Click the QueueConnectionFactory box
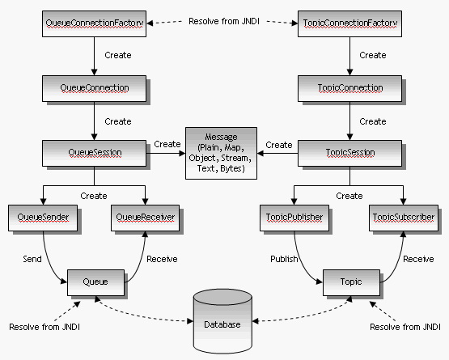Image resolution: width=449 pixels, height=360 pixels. coord(94,23)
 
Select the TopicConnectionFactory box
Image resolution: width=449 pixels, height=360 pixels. coord(349,23)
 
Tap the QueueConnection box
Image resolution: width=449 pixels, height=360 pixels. coord(94,88)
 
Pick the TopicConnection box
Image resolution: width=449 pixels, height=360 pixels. coord(349,88)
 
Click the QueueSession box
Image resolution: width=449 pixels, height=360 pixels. coord(94,153)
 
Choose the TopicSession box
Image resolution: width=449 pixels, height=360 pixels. coord(349,153)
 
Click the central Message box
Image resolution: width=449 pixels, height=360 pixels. coord(221,153)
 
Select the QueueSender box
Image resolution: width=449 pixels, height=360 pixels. coord(43,218)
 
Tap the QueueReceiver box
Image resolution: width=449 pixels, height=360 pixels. coord(145,218)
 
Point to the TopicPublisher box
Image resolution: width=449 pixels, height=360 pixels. coord(294,218)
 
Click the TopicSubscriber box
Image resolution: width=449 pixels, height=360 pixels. coord(404,218)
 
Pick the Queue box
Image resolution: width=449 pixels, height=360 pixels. coord(95,282)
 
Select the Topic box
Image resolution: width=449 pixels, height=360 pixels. coord(351,282)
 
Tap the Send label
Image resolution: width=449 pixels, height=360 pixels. coord(32,259)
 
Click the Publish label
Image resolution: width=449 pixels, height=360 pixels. coord(284,259)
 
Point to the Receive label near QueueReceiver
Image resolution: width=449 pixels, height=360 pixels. coord(162,259)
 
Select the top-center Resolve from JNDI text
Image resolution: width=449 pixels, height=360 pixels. coord(224,21)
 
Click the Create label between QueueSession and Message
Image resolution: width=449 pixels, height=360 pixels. coord(167,144)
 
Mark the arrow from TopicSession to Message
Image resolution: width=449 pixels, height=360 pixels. coord(277,153)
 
